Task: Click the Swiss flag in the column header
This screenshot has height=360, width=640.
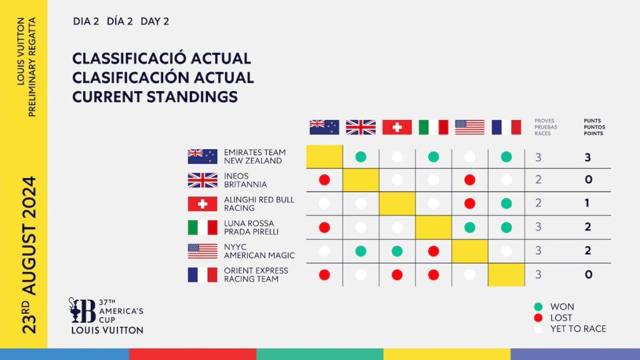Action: [x=397, y=127]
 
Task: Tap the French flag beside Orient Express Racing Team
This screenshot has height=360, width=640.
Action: [x=202, y=275]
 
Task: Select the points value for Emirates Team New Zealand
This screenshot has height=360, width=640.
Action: [x=587, y=157]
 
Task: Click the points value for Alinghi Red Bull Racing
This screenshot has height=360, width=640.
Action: [x=587, y=203]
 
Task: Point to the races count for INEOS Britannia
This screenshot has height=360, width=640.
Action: [x=538, y=179]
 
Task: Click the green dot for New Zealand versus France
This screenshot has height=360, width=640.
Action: [x=506, y=157]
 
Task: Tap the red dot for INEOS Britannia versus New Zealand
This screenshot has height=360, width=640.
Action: [x=324, y=180]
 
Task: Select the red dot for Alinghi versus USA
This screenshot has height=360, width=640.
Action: [x=470, y=204]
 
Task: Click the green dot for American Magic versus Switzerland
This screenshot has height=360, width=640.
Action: [x=397, y=251]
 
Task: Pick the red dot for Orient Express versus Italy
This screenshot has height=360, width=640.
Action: [x=434, y=275]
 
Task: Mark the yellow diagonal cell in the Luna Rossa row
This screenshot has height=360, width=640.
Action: [x=434, y=227]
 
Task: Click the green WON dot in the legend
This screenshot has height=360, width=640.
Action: [x=538, y=307]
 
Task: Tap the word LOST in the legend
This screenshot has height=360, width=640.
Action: [x=561, y=318]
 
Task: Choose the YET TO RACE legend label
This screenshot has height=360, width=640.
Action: [x=578, y=329]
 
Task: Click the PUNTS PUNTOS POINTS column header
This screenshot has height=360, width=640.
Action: [x=594, y=127]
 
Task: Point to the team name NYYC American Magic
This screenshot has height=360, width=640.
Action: [x=259, y=251]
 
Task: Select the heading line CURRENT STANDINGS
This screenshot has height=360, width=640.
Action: [x=155, y=97]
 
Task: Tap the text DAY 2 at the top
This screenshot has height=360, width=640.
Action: [x=155, y=21]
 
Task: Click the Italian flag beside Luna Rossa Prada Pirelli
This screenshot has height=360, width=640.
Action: [x=202, y=227]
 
